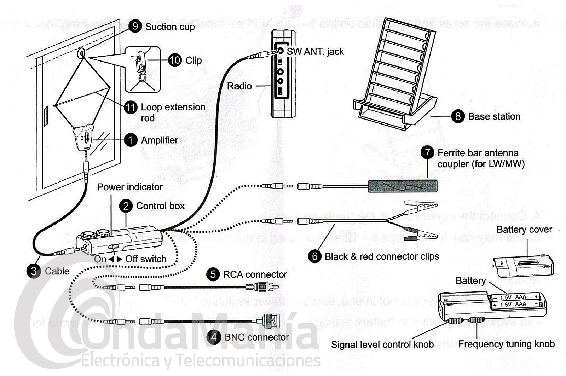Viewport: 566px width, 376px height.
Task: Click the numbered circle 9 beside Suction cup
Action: click(x=135, y=26)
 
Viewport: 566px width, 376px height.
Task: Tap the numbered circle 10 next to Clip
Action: click(x=174, y=60)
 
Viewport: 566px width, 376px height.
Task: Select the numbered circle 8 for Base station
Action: click(x=458, y=116)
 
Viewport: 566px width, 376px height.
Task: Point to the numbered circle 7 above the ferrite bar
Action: click(x=427, y=153)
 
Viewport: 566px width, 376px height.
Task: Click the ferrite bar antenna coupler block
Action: click(x=402, y=186)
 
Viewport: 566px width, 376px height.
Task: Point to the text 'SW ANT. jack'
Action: click(x=315, y=52)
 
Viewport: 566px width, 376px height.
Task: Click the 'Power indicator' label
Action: click(x=130, y=187)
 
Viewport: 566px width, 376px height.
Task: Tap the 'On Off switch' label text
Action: click(x=130, y=259)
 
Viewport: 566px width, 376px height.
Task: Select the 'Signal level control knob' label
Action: click(x=382, y=345)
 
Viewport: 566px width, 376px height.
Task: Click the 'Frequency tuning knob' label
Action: click(x=506, y=344)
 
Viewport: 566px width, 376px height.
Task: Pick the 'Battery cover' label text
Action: click(x=524, y=230)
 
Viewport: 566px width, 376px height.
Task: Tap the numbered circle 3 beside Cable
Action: click(x=34, y=271)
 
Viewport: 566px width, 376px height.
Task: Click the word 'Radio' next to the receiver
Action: click(x=239, y=86)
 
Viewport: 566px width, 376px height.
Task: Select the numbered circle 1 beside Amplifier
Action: click(x=131, y=140)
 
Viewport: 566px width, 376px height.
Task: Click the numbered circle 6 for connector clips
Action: click(x=314, y=256)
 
